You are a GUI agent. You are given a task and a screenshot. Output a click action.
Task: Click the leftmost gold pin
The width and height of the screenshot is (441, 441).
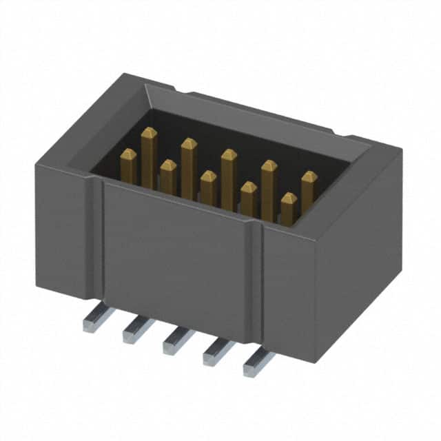pos(128,166)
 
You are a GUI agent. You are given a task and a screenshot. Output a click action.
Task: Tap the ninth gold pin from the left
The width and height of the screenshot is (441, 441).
pos(289,209)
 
